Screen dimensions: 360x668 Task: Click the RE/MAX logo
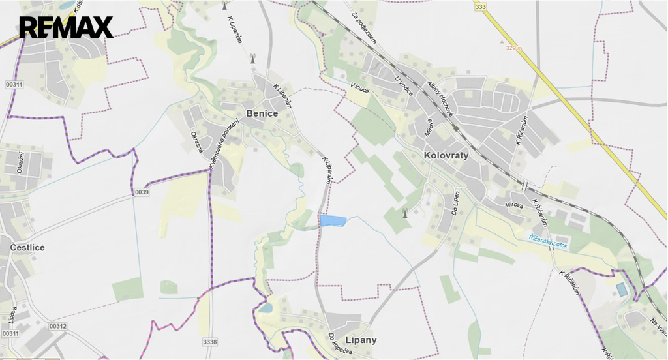pyautogui.click(x=66, y=27)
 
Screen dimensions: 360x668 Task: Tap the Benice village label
pyautogui.click(x=262, y=113)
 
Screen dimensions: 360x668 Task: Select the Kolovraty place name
pyautogui.click(x=446, y=156)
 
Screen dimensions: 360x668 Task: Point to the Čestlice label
pyautogui.click(x=27, y=247)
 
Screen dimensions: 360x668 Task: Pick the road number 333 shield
pyautogui.click(x=481, y=7)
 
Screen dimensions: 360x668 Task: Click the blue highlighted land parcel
pyautogui.click(x=332, y=220)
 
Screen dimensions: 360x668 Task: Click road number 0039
pyautogui.click(x=142, y=192)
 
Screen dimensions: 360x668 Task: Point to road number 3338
pyautogui.click(x=210, y=340)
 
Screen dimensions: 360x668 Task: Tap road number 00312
pyautogui.click(x=57, y=326)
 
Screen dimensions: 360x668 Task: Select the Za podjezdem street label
pyautogui.click(x=364, y=28)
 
